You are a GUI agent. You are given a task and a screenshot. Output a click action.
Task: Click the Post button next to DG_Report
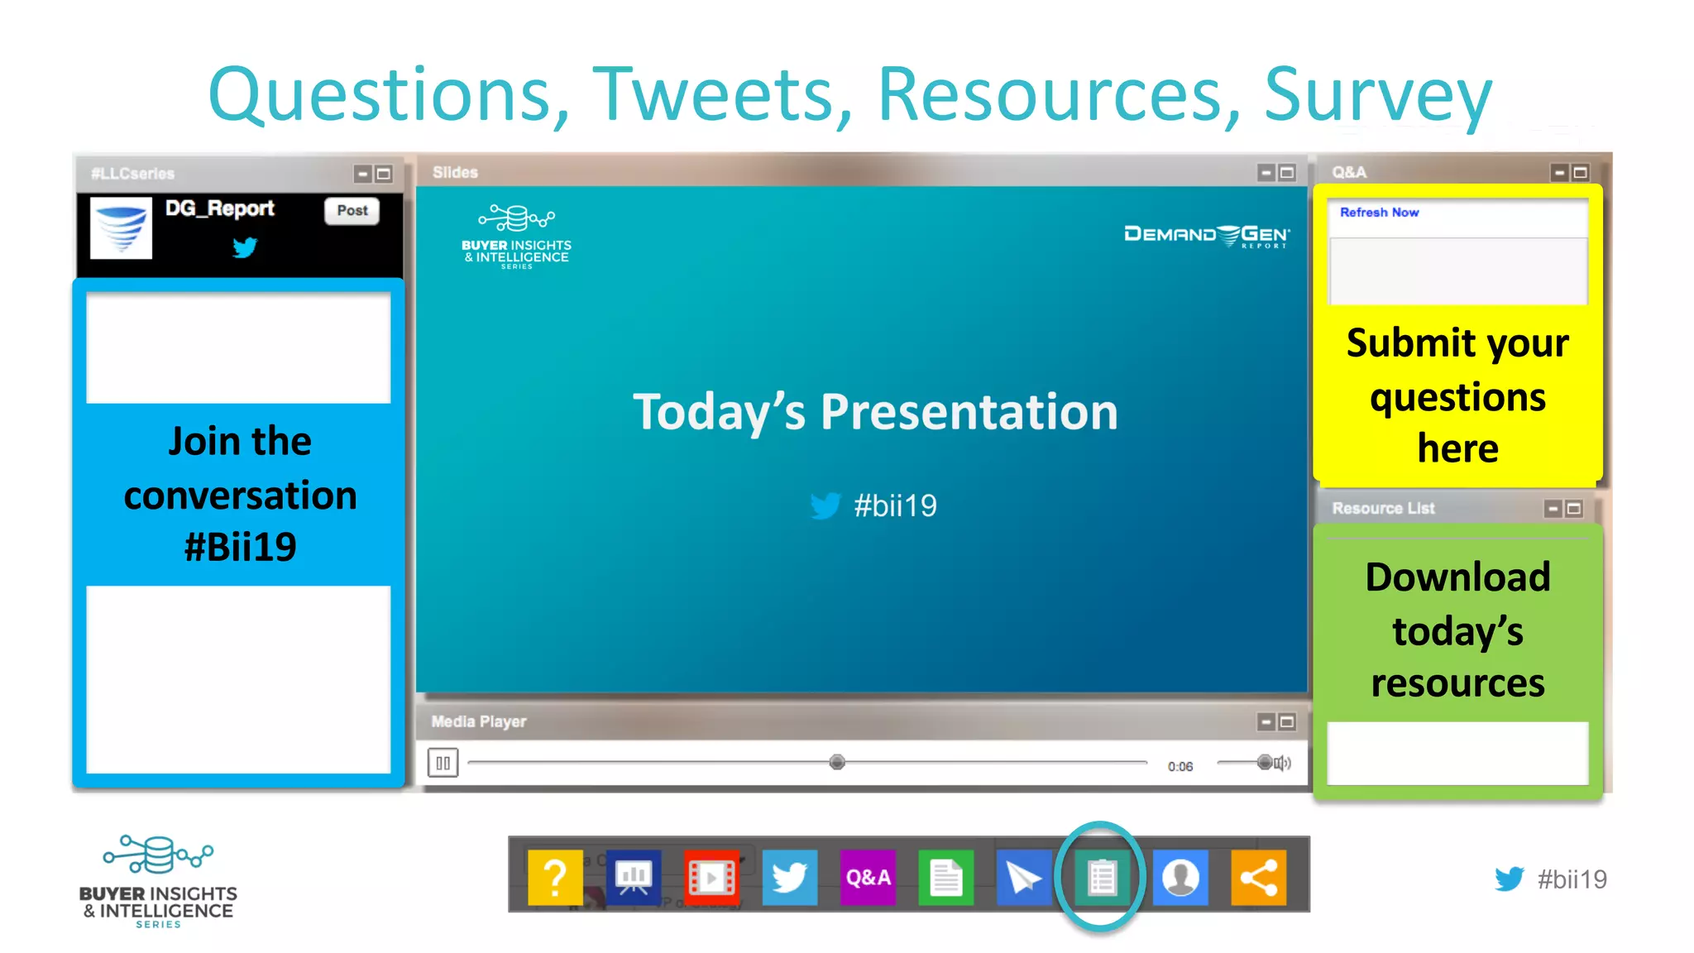(352, 211)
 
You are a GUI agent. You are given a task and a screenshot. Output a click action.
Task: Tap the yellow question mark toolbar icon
(555, 877)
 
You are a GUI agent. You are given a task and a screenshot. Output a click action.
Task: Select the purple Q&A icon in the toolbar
(868, 877)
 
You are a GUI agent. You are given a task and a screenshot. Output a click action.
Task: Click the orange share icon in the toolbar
(1258, 877)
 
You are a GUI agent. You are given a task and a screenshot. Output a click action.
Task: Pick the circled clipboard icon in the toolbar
(1102, 877)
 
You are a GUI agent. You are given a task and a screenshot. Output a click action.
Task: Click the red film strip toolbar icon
(711, 877)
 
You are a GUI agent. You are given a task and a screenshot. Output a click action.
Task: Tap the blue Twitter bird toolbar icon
(789, 877)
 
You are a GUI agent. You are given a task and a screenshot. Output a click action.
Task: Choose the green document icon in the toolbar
(945, 877)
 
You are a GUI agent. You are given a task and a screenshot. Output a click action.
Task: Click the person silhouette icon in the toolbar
(1180, 877)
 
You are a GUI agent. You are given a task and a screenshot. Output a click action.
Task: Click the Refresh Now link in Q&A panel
(1379, 213)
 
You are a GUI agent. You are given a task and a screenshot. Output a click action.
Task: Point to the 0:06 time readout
(1180, 767)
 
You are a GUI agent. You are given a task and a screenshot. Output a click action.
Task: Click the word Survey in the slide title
(1378, 95)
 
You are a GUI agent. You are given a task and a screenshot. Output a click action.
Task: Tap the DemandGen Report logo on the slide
(1207, 236)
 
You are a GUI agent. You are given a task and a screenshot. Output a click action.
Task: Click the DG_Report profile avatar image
(121, 227)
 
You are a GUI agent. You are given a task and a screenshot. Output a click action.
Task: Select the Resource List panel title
(1383, 509)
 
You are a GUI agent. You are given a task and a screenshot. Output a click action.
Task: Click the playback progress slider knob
(837, 762)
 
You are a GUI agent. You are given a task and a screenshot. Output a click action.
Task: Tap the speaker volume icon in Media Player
(1282, 763)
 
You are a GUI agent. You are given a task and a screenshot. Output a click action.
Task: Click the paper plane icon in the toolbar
(1024, 877)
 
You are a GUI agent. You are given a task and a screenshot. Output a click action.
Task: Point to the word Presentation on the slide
(969, 413)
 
